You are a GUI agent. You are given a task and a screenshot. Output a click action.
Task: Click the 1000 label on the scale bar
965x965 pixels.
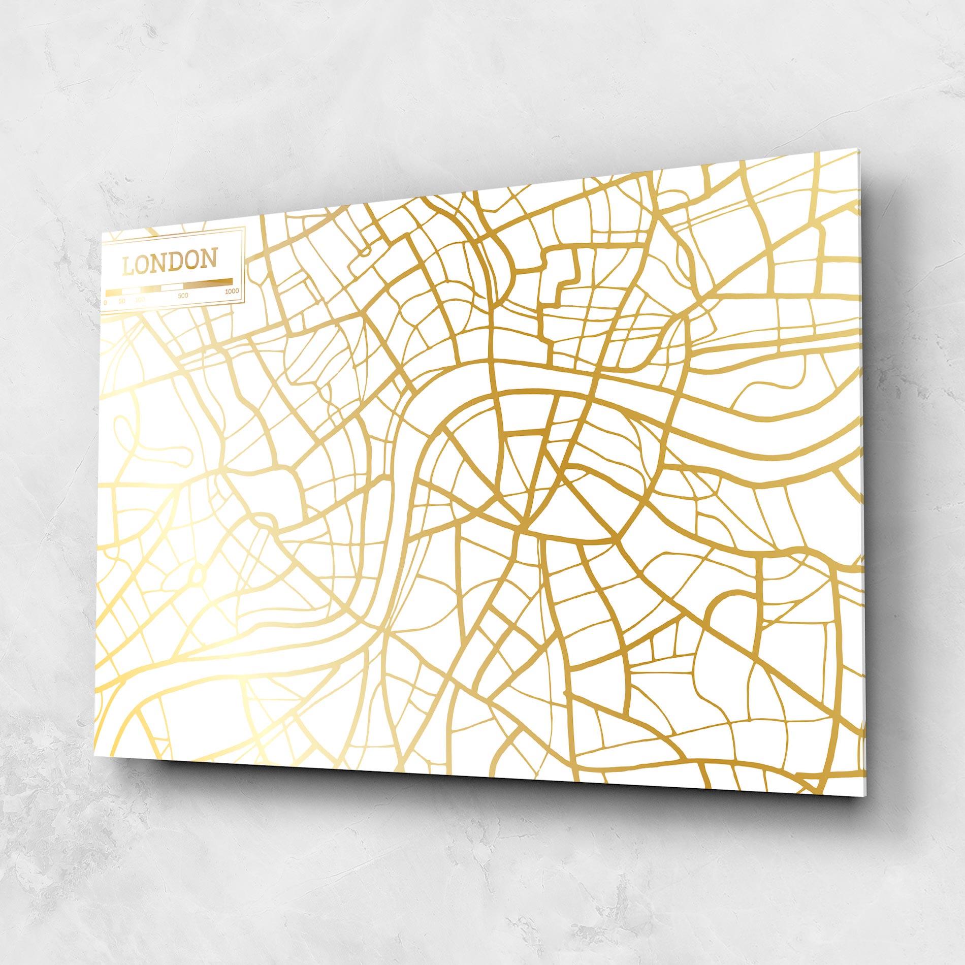coord(231,291)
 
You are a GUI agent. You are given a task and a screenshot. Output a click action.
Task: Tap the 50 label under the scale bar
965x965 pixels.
coord(121,301)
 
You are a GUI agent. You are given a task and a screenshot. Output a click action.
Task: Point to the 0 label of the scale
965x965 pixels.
coord(105,302)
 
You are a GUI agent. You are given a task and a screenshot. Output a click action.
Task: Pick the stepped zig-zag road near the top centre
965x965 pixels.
coord(566,277)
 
